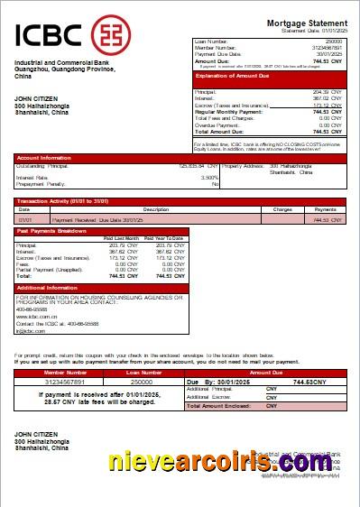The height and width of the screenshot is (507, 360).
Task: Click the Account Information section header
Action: click(x=44, y=157)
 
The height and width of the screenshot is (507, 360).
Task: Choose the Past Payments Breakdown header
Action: click(x=51, y=231)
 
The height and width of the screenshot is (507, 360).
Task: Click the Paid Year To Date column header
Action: click(x=165, y=238)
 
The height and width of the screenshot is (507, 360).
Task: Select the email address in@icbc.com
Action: click(x=31, y=331)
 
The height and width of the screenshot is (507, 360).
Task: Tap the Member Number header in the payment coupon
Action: click(x=65, y=372)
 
